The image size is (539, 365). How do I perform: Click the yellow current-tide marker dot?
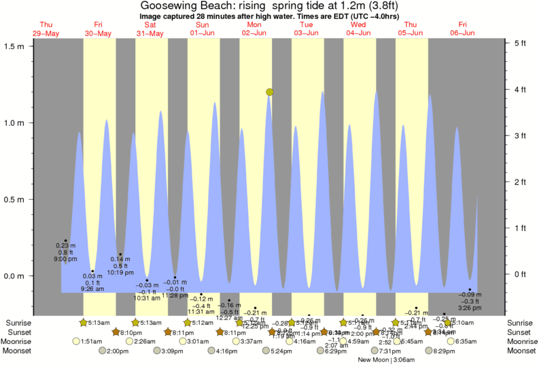coord(270,92)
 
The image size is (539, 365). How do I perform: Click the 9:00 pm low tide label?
coord(66,259)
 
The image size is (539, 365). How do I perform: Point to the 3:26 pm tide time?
coord(470,308)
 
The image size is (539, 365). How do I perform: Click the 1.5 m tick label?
coord(14,46)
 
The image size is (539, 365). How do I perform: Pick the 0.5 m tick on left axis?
coord(14,200)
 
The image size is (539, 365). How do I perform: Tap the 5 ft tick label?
coord(521,44)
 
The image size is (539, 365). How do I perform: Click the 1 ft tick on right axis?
coord(521,228)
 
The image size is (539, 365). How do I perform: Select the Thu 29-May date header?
coord(46,29)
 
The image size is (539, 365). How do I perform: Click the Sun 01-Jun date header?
coord(203,29)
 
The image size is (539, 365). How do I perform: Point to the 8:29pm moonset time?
coord(445,351)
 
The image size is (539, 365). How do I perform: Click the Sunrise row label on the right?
coord(521,322)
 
